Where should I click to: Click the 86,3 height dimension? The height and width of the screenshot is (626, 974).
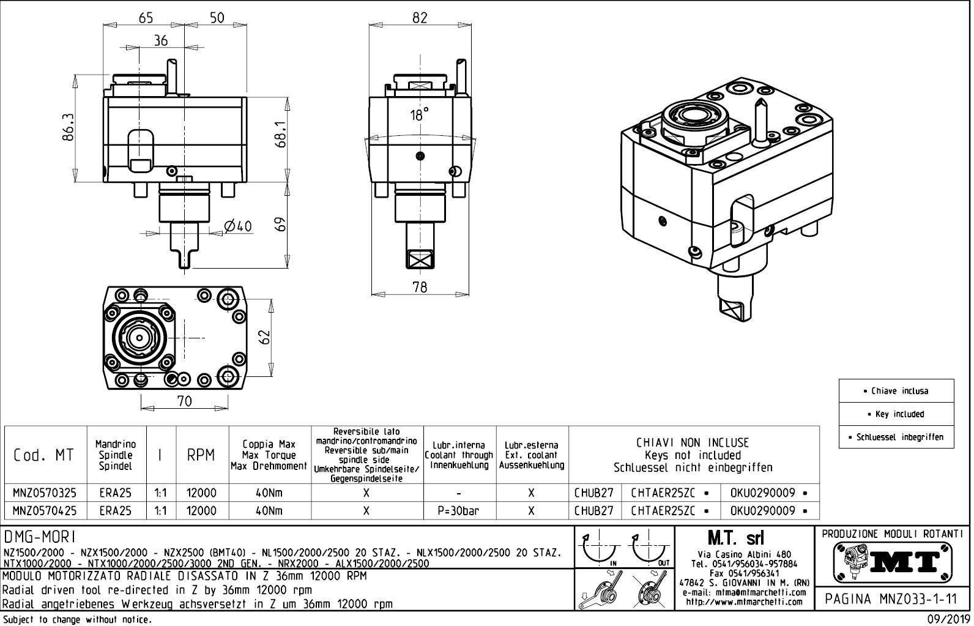[x=68, y=127]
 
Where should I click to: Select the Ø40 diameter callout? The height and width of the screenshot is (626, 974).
[x=238, y=226]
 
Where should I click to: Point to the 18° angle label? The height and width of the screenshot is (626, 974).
[x=419, y=115]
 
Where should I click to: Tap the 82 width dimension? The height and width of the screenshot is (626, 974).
[x=420, y=18]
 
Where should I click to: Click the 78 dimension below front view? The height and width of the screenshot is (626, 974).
[x=420, y=286]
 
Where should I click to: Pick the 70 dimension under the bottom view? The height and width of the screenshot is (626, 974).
[x=184, y=401]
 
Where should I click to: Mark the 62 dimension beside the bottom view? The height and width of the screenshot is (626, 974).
[x=264, y=337]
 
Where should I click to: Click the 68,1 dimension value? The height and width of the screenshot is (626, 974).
[x=281, y=133]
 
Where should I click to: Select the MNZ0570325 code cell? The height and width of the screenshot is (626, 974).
[x=45, y=493]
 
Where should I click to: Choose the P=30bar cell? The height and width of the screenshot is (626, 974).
[x=459, y=511]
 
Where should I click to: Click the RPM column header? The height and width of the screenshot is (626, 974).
[x=201, y=455]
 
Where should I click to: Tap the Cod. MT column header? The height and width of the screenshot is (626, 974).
[x=44, y=455]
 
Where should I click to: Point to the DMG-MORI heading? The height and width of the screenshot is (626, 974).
[x=40, y=537]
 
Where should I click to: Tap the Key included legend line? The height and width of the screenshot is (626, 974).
[x=896, y=414]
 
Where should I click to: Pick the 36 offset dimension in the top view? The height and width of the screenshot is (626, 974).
[x=161, y=41]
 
